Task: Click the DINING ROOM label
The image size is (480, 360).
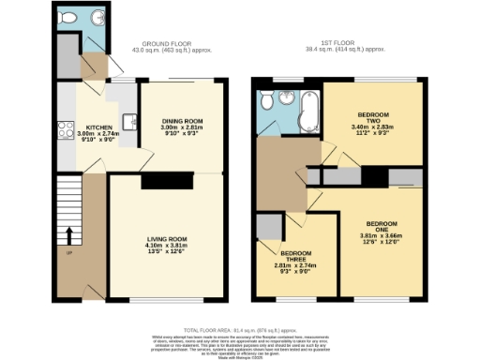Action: [x=182, y=121]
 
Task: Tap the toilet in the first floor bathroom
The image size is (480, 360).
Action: [x=269, y=101]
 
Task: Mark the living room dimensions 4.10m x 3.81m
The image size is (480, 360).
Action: [x=165, y=246]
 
